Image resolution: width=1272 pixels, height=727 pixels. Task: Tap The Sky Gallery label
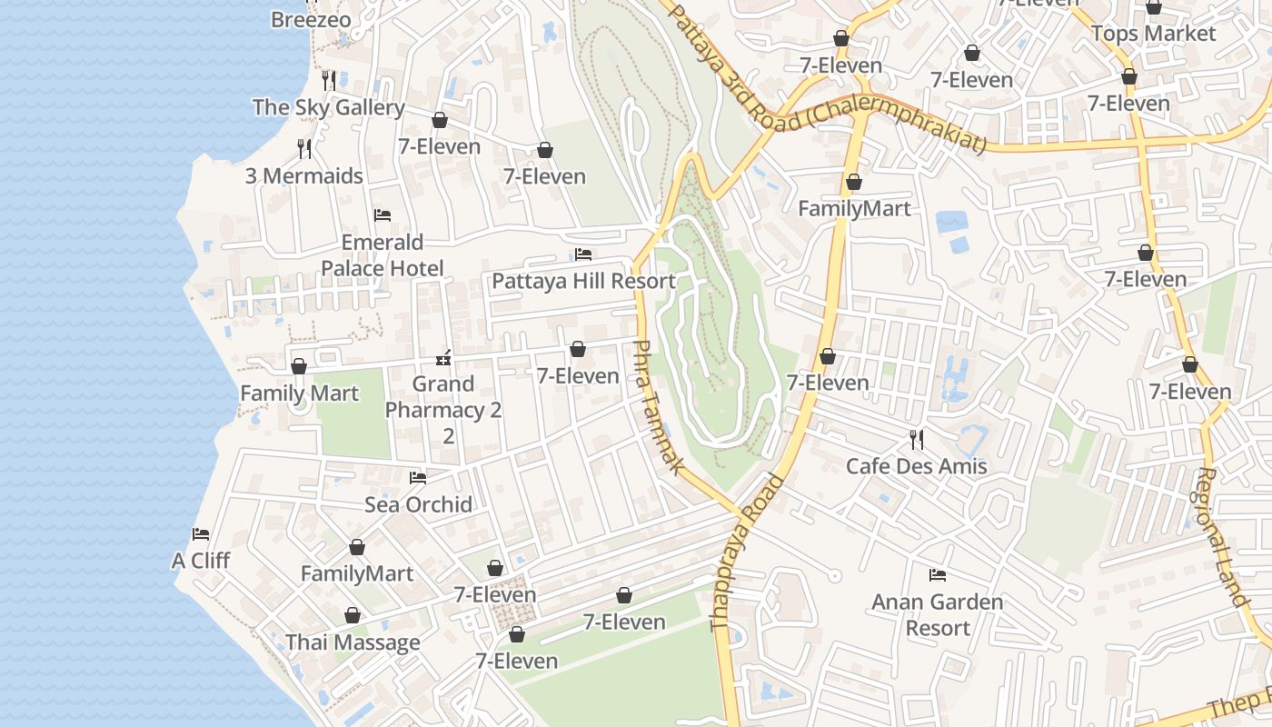328,107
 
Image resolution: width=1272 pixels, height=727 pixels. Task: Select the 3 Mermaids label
304,175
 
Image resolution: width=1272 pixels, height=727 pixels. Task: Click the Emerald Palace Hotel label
383,255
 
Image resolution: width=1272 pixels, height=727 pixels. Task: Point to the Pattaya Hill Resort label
583,281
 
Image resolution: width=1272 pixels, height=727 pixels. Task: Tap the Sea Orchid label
418,504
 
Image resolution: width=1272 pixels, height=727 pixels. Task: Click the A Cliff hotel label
201,561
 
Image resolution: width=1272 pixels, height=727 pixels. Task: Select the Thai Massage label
353,642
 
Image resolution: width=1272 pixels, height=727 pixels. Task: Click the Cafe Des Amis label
916,466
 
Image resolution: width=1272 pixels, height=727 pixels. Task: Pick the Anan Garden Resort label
938,614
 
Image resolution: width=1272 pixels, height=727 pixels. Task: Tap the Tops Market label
1153,34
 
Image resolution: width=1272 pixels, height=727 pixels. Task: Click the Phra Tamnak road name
656,406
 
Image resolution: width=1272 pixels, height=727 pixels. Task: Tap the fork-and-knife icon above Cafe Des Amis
917,440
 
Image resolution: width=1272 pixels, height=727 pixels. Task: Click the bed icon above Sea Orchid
418,477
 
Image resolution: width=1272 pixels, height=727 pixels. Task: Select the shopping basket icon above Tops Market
1154,7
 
